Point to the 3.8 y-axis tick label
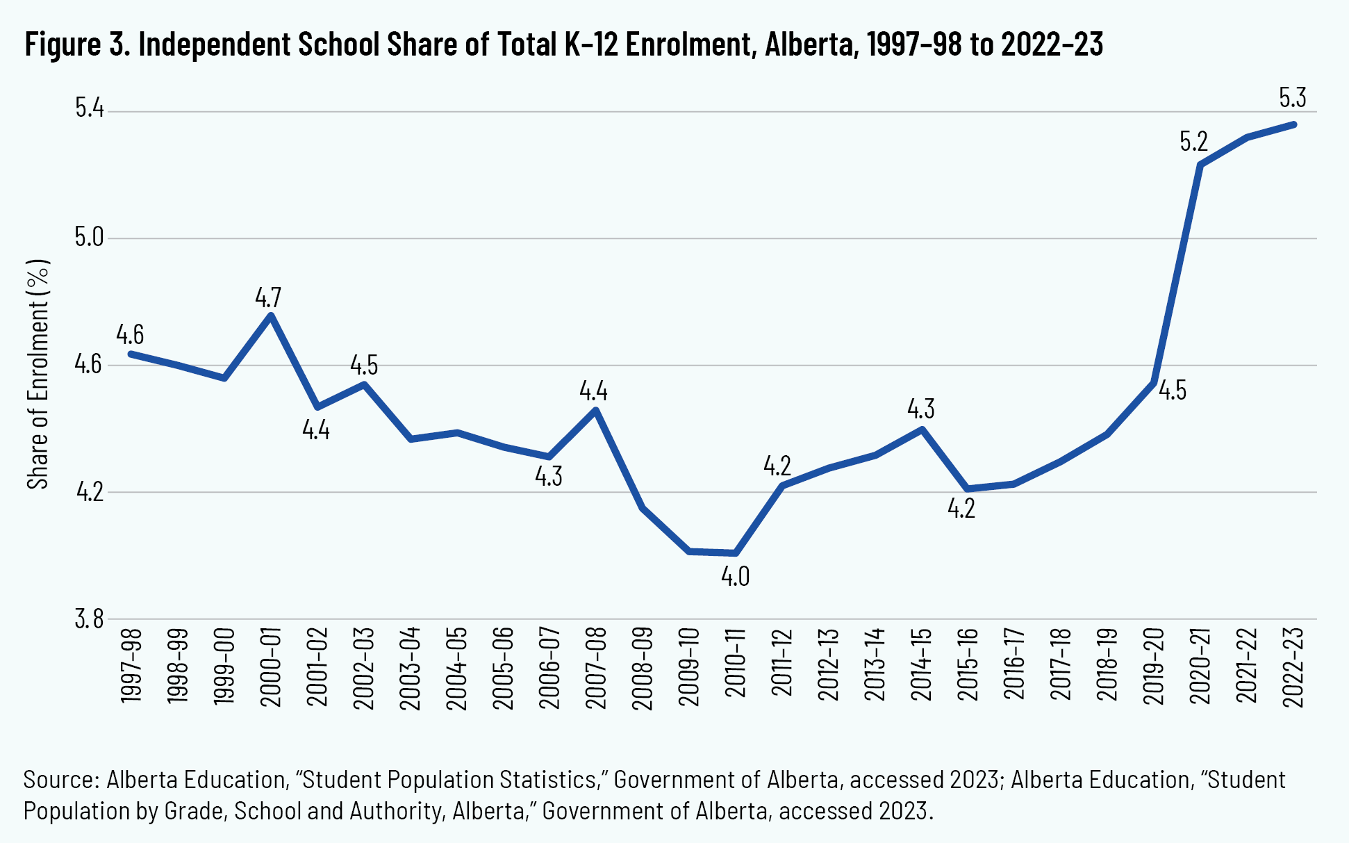(89, 619)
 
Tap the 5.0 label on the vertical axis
(89, 238)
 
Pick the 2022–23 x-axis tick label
(1293, 667)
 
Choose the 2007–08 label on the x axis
(596, 667)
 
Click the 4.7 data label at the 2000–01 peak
(268, 297)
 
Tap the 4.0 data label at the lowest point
(735, 577)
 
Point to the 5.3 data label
(1293, 98)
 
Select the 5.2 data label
(1194, 142)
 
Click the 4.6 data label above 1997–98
(130, 335)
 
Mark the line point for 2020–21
(1200, 165)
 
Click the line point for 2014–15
(922, 429)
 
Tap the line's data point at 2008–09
(643, 508)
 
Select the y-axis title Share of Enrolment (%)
(39, 374)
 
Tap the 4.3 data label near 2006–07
(549, 477)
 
